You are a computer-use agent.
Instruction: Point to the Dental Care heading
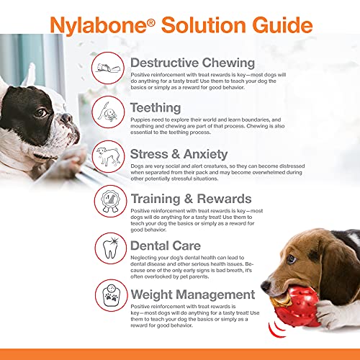[170, 246]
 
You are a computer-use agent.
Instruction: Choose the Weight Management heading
[192, 294]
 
